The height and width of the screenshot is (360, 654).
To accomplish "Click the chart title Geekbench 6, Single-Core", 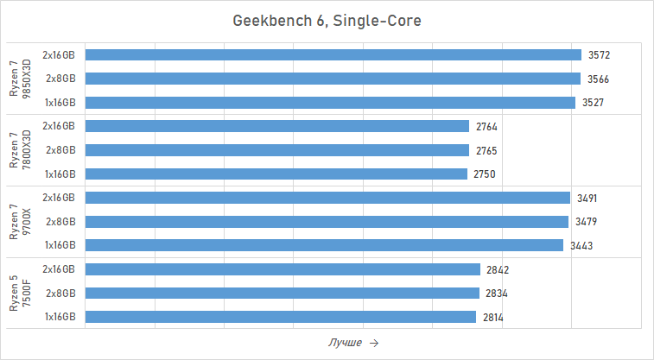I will (327, 21).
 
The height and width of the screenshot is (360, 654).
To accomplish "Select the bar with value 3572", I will (333, 54).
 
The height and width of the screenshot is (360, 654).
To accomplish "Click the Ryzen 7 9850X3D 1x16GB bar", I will (330, 103).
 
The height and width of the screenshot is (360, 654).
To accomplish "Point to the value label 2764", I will (486, 127).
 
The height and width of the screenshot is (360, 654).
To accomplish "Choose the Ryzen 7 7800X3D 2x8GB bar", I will (277, 150).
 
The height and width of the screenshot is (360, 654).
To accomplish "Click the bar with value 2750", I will (276, 174).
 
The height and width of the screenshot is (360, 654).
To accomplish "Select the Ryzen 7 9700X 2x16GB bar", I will (327, 198).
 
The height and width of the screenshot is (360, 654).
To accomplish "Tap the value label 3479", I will (587, 222).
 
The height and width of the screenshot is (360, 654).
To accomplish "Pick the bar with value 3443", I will (324, 245).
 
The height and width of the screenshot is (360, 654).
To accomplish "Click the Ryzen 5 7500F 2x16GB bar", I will (283, 269).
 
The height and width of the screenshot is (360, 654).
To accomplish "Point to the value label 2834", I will (496, 294).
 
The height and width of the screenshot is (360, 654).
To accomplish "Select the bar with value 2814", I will (281, 317).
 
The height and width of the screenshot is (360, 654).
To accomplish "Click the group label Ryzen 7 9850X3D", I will (19, 79).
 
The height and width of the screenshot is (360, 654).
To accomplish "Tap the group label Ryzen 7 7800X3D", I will (19, 150).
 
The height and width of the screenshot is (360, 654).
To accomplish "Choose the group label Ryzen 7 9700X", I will (19, 222).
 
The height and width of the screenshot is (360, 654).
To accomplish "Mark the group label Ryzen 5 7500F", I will (19, 294).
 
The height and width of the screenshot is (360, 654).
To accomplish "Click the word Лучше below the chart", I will (345, 343).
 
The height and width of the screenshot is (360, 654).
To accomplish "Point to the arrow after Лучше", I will (373, 343).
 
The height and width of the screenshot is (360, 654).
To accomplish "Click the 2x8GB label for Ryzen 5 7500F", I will (60, 294).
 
